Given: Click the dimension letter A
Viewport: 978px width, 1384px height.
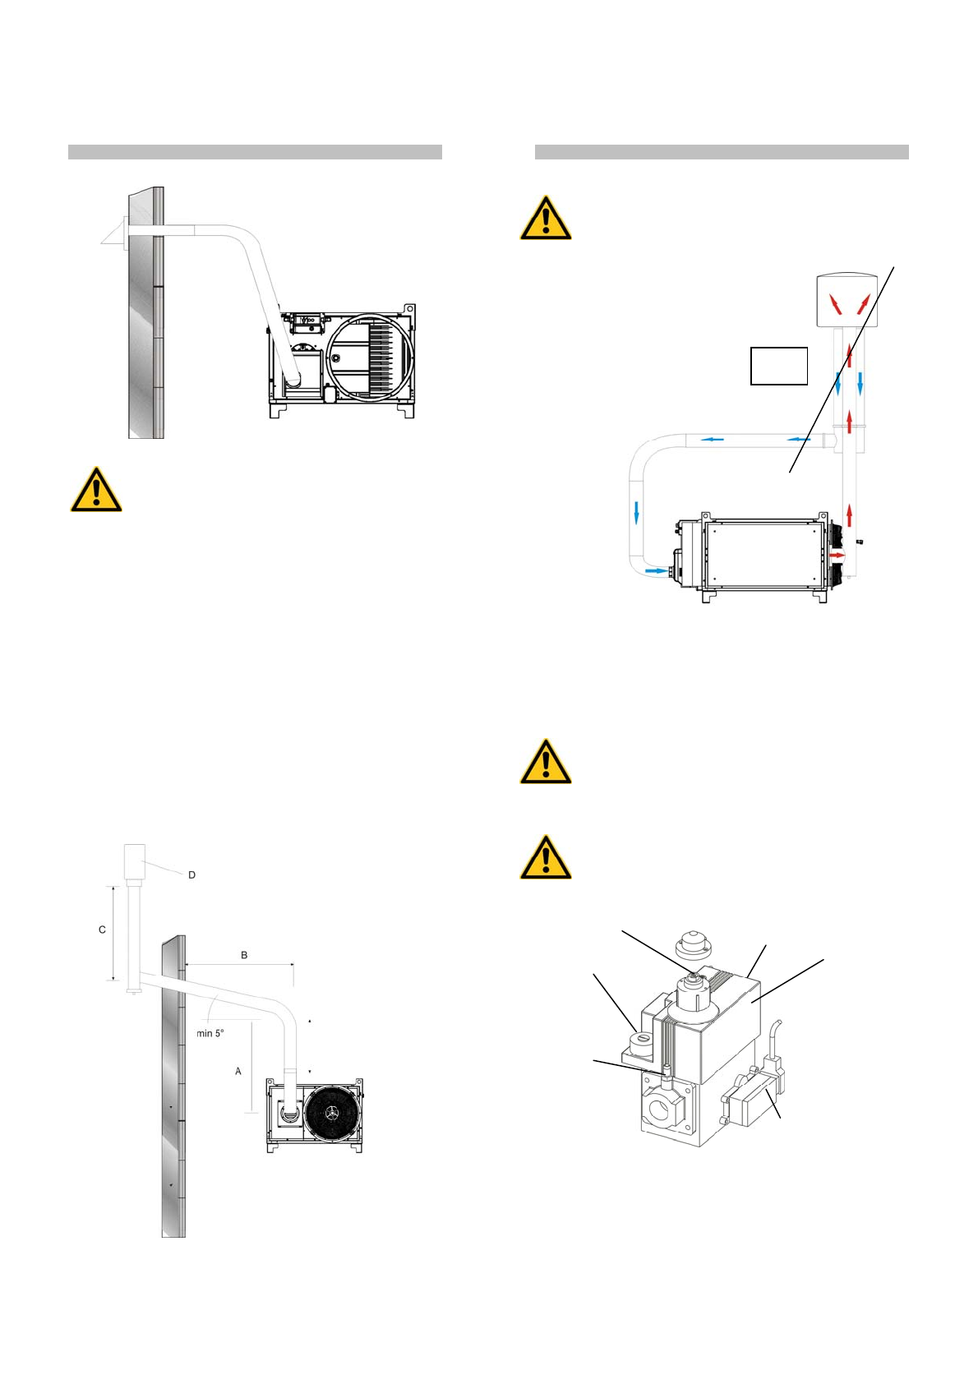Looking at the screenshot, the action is [x=238, y=1071].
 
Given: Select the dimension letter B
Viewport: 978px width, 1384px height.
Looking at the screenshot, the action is [x=244, y=955].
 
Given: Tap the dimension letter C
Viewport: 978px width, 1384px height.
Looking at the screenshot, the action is [x=102, y=930].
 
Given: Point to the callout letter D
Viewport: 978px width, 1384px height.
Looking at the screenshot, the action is [x=192, y=875].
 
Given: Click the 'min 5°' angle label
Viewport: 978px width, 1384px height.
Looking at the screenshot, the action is [x=210, y=1033].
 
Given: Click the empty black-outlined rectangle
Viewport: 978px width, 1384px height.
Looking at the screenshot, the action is [x=779, y=366].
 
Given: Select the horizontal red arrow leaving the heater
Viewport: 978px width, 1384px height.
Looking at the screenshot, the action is [x=837, y=556].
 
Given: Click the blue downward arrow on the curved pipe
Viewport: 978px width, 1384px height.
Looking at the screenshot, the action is [x=637, y=512].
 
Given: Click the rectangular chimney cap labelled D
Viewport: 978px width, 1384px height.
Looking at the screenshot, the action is [x=133, y=861].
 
